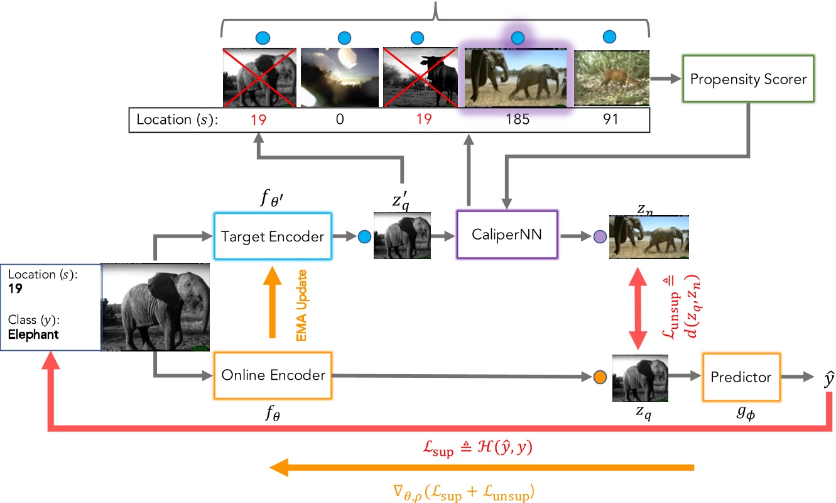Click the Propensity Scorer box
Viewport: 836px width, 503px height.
click(747, 79)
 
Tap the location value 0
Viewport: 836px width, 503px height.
click(339, 118)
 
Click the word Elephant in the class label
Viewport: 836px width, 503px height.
click(33, 334)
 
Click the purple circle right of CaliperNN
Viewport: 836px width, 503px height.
click(599, 237)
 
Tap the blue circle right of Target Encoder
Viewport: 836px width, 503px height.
click(362, 237)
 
